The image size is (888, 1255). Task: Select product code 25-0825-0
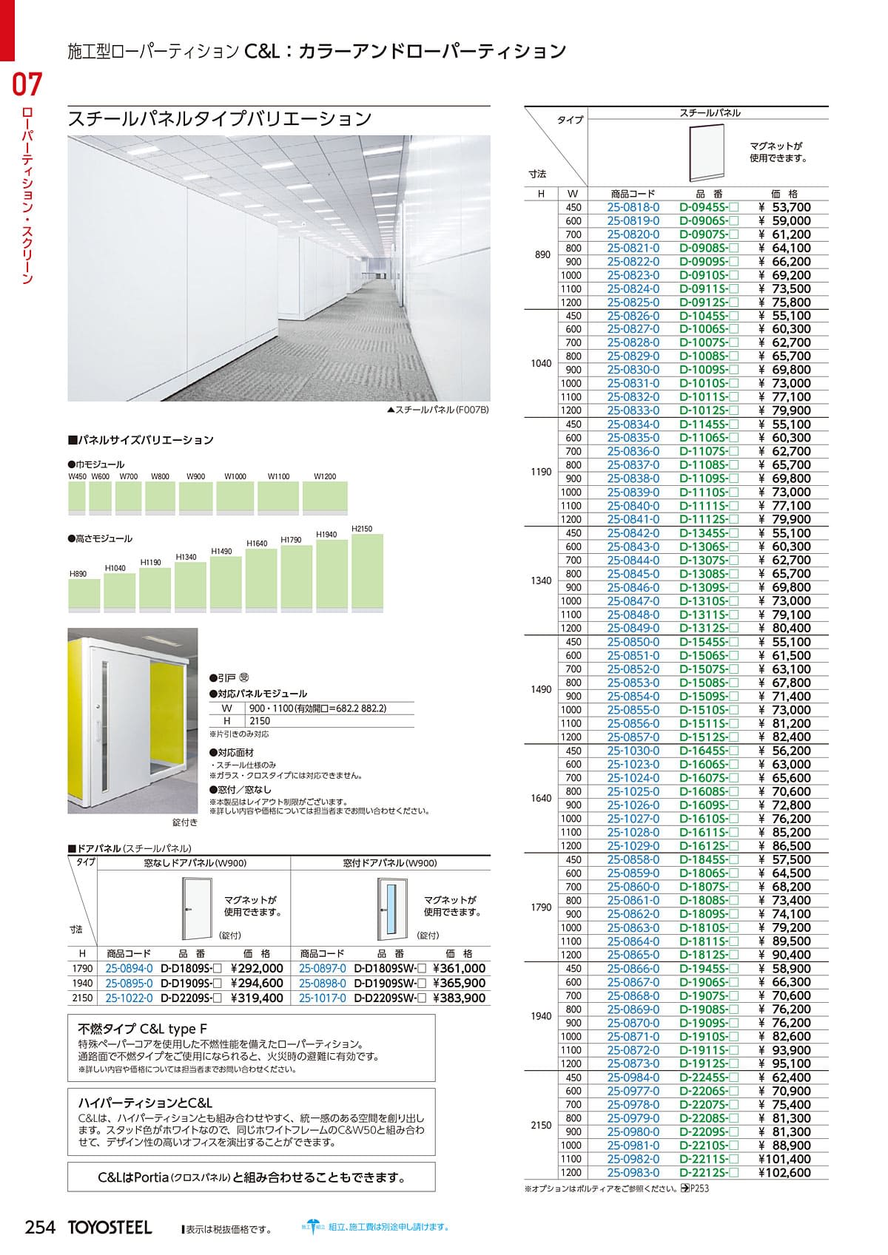pyautogui.click(x=633, y=302)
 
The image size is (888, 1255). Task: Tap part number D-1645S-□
pyautogui.click(x=708, y=751)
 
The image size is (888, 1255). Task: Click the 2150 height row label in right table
pyautogui.click(x=541, y=1125)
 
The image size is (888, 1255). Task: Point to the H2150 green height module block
pyautogui.click(x=367, y=572)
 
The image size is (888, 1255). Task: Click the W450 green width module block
pyautogui.click(x=77, y=497)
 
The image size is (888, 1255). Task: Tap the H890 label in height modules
pyautogui.click(x=78, y=574)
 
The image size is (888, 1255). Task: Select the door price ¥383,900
pyautogui.click(x=459, y=998)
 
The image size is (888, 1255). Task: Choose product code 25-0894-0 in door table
pyautogui.click(x=129, y=968)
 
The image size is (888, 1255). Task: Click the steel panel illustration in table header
pyautogui.click(x=707, y=153)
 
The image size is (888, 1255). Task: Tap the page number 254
pyautogui.click(x=41, y=1227)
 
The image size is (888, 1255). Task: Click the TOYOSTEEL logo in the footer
pyautogui.click(x=110, y=1228)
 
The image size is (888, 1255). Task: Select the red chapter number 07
pyautogui.click(x=27, y=84)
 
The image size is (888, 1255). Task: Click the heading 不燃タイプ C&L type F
pyautogui.click(x=137, y=1029)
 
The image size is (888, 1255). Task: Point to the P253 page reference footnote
pyautogui.click(x=695, y=1188)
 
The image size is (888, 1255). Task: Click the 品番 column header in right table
pyautogui.click(x=708, y=194)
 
